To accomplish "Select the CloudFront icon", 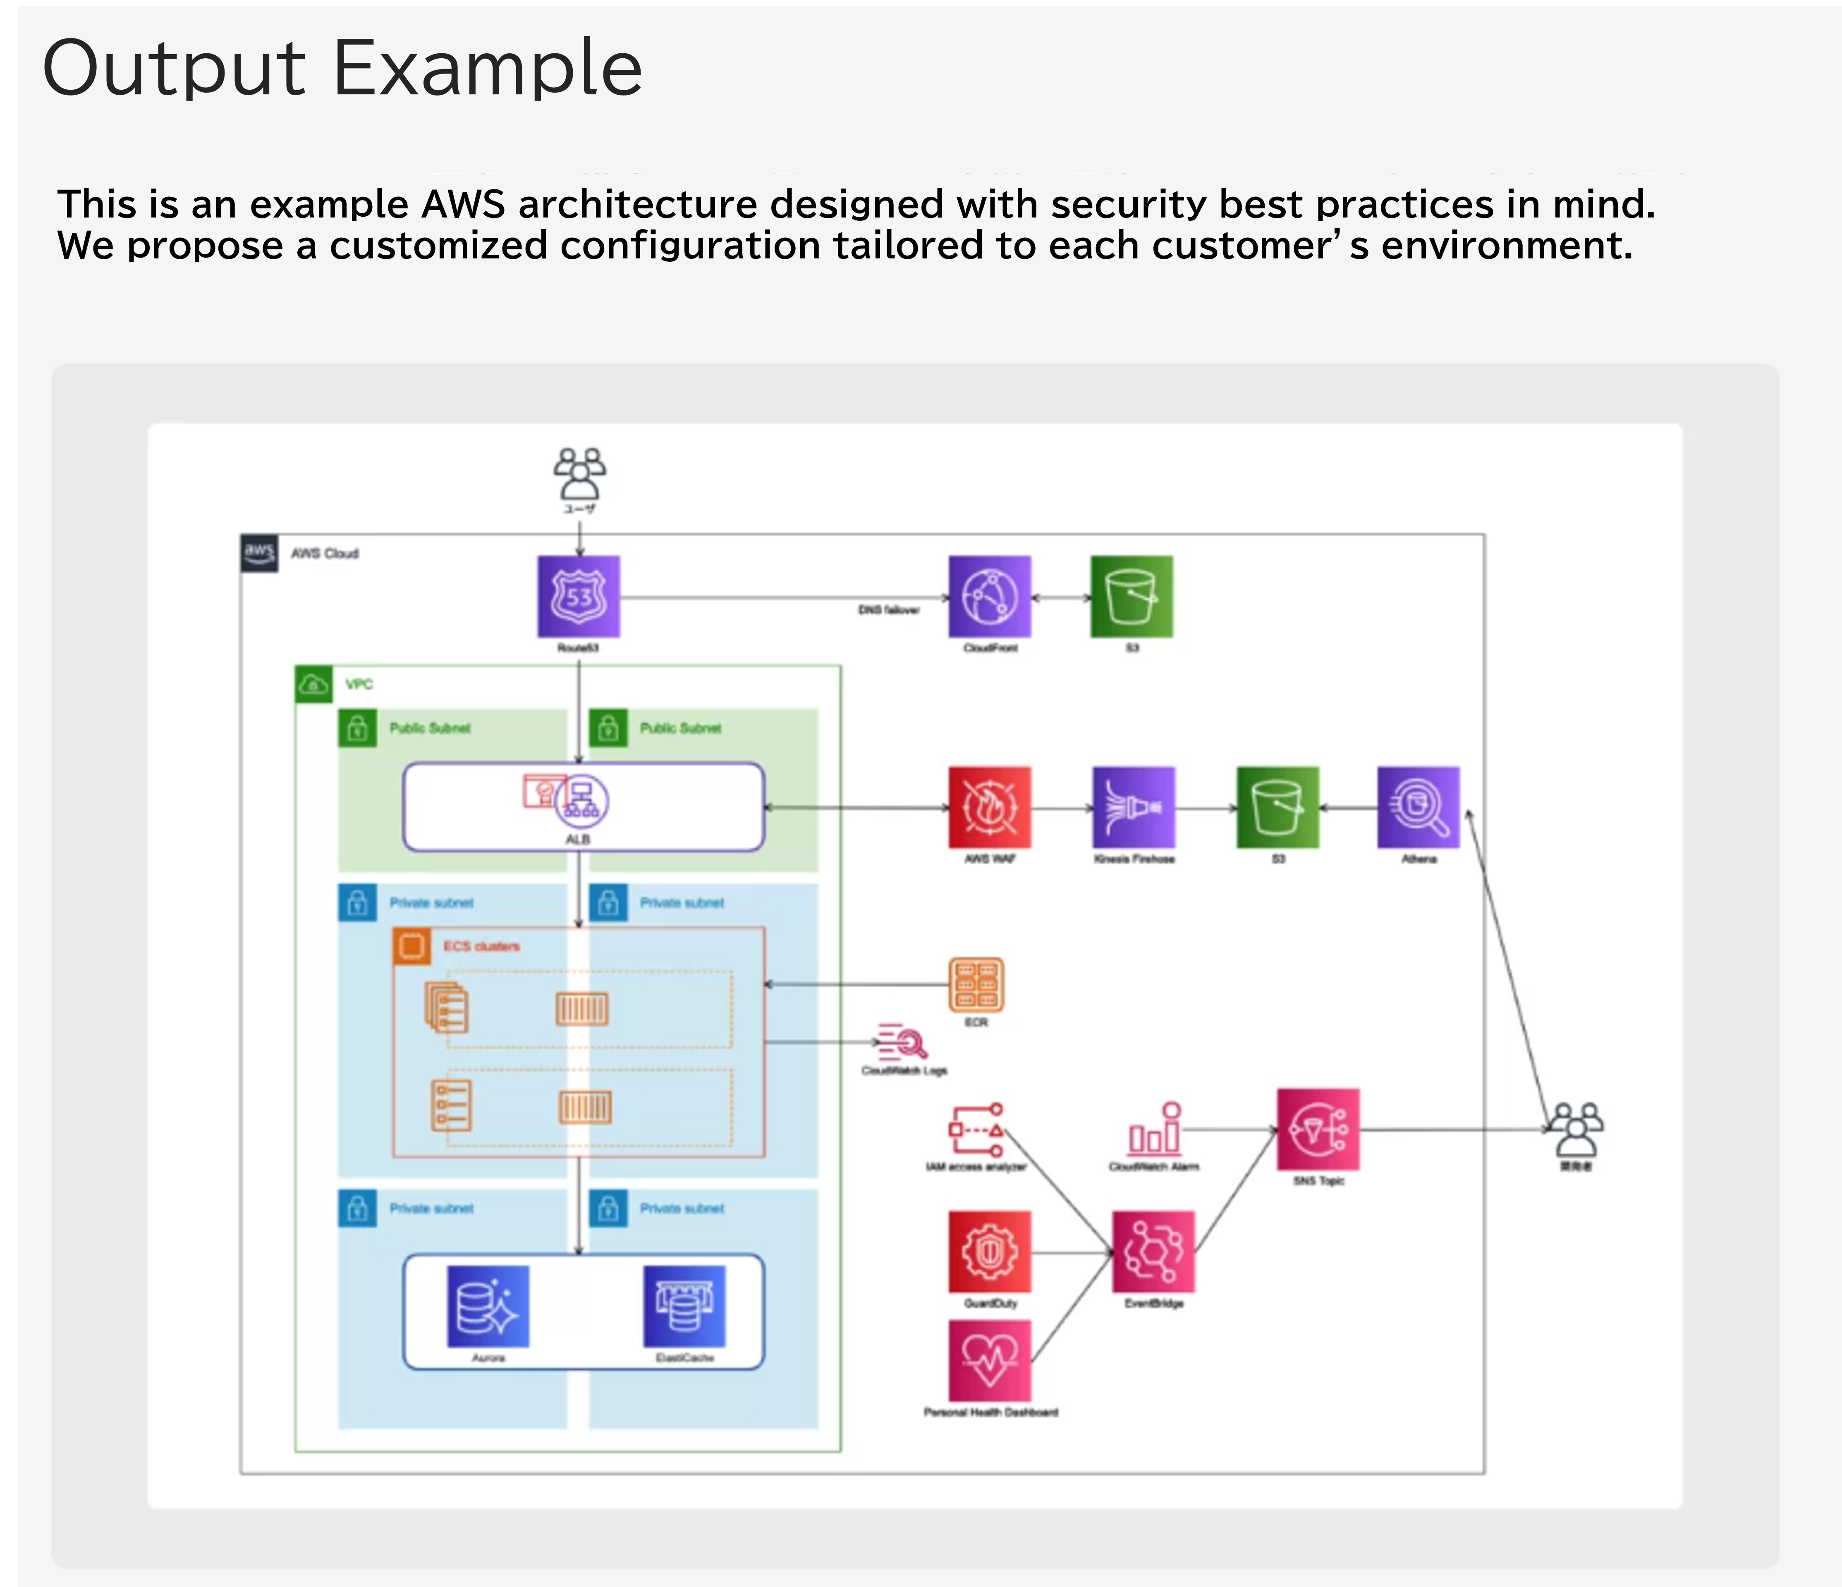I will [x=990, y=597].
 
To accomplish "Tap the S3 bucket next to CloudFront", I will [x=1132, y=597].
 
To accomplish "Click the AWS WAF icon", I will [x=990, y=807].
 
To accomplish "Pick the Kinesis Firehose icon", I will [x=1134, y=807].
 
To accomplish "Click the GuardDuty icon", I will [x=990, y=1252].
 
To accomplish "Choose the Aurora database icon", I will [x=488, y=1306].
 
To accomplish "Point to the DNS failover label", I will [x=888, y=610].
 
